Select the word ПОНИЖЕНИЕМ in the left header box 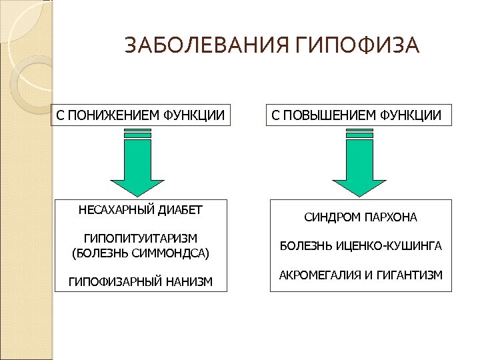pos(111,115)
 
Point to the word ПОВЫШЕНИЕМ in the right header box pos(325,115)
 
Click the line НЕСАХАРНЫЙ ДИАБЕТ pos(141,210)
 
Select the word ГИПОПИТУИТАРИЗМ pos(141,239)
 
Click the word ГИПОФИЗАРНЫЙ pos(113,282)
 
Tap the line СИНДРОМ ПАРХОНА pos(360,217)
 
